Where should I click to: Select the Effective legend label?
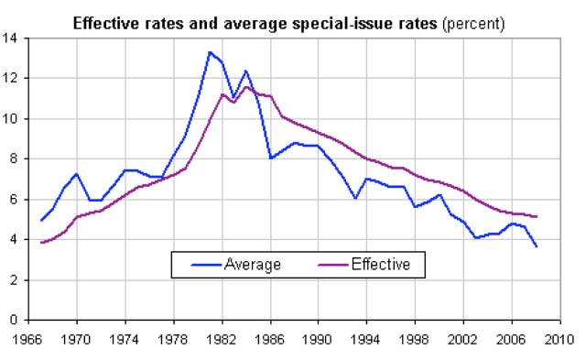coord(381,265)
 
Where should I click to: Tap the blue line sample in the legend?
coord(206,265)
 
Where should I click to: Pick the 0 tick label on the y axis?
coord(14,320)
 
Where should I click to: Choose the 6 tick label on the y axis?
coord(14,199)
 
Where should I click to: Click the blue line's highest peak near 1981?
coord(210,52)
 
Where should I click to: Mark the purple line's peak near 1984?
coord(245,86)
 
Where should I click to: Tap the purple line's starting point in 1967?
coord(41,243)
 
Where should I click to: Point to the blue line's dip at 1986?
coord(271,158)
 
